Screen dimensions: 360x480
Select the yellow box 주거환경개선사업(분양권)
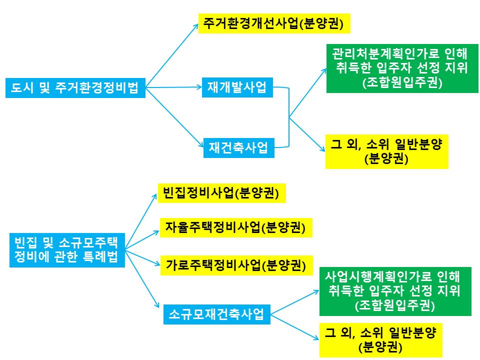click(273, 23)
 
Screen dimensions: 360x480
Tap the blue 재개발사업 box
click(238, 88)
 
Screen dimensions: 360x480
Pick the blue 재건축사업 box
click(238, 148)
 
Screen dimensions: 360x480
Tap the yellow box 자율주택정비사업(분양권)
click(235, 227)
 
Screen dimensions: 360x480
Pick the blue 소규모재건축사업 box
click(216, 314)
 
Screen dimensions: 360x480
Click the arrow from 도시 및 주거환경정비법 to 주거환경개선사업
click(173, 55)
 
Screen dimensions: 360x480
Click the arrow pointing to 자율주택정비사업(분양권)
click(142, 238)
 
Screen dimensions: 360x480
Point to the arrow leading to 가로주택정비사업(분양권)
click(142, 256)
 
